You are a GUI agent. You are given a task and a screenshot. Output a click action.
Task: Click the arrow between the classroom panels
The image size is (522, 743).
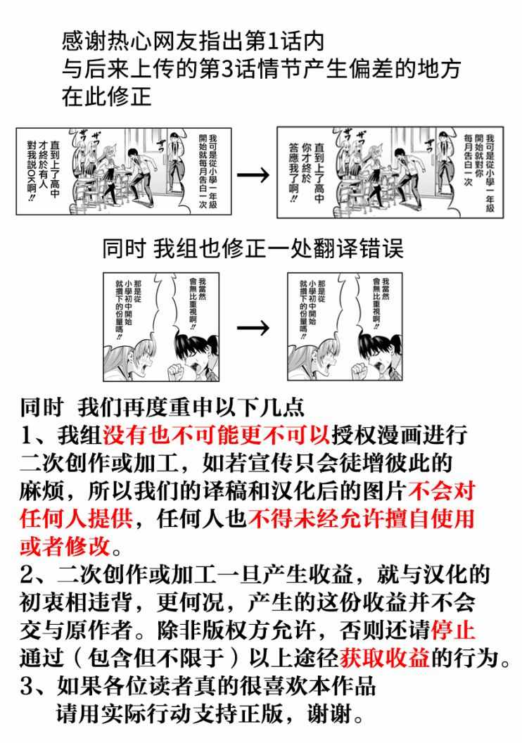253,175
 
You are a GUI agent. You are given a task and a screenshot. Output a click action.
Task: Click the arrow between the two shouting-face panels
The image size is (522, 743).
253,327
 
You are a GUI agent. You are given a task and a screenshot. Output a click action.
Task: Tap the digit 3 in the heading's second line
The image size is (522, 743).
228,70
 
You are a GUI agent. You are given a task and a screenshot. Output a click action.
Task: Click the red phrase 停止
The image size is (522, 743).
452,630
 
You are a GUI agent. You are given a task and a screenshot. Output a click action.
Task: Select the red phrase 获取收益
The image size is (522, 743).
385,658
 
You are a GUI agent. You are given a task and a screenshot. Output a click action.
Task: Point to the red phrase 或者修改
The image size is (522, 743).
65,547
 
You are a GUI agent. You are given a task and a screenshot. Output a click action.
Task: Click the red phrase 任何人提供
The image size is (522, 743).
76,519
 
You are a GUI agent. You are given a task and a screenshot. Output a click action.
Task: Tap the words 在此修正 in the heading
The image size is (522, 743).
106,97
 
